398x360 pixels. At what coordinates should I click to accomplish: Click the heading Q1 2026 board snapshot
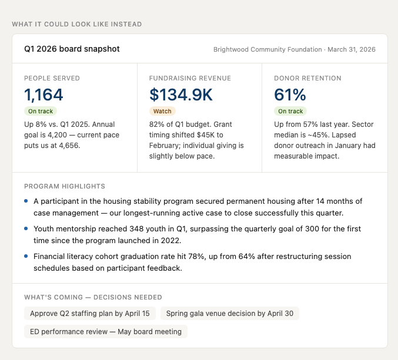pos(72,49)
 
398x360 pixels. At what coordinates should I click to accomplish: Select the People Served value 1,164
pos(44,95)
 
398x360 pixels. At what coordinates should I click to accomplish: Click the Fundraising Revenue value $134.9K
pos(181,95)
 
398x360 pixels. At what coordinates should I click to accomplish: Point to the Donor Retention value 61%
pos(290,95)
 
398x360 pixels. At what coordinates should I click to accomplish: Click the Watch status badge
pos(162,111)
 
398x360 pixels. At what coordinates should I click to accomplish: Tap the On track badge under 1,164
pos(41,111)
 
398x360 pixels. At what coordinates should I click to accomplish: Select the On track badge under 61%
pos(290,111)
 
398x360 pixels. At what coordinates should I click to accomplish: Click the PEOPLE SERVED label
pos(52,78)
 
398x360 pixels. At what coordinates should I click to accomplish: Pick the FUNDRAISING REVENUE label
pos(190,78)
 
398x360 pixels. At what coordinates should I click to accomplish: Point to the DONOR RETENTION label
pos(307,78)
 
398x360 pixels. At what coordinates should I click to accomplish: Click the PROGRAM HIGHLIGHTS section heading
pos(65,186)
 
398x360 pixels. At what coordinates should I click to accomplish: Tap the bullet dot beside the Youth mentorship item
pos(26,228)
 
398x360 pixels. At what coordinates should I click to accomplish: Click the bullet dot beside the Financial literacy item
pos(26,256)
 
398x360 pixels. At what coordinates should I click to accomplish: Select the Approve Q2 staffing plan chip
pos(90,314)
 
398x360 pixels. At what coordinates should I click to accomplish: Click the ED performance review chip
pos(106,331)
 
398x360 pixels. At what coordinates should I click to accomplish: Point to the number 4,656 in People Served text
pos(68,146)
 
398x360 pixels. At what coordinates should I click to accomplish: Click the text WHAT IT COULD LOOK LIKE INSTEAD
pos(76,24)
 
